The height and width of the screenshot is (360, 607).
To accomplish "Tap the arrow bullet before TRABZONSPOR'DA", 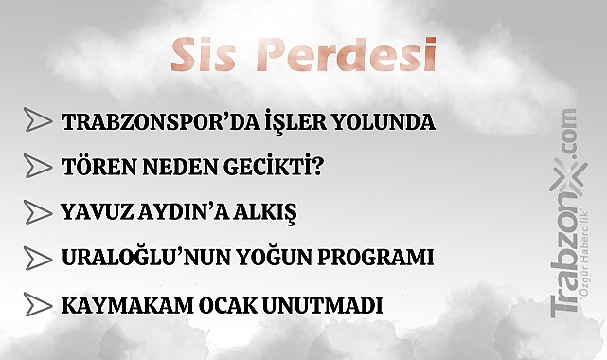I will [x=38, y=121].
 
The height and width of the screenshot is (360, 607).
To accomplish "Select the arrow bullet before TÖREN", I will [x=38, y=167].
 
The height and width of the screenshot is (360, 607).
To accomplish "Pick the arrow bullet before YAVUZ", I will [x=38, y=211].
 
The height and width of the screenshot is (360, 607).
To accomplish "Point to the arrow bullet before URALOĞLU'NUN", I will [x=38, y=257].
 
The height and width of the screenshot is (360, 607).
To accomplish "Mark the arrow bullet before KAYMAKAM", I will [x=38, y=305].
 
